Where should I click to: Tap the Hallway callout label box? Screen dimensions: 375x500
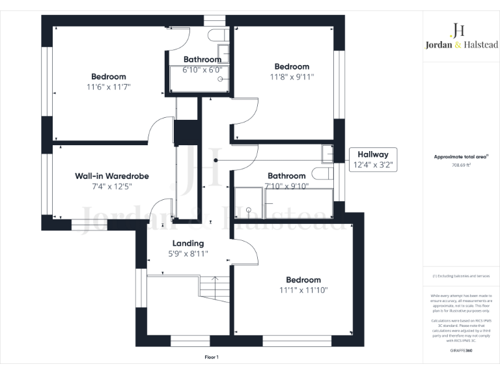373,160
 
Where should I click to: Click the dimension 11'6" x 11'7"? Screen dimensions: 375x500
108,87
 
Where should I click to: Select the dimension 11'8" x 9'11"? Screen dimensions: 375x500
292,77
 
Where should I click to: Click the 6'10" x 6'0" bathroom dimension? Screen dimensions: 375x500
202,70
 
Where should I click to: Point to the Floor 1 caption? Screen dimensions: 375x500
212,357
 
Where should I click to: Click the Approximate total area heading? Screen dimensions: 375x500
461,157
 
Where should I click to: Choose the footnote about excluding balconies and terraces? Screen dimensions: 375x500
461,277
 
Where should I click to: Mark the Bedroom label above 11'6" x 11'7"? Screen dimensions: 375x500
108,76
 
